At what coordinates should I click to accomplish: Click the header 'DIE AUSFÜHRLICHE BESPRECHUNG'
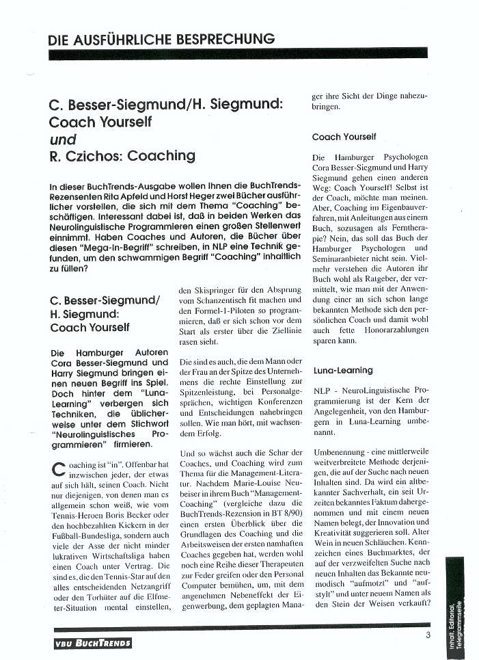161,38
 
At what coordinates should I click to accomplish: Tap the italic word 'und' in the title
64,140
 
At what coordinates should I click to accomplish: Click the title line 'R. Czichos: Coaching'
122,155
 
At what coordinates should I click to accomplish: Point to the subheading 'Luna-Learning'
343,370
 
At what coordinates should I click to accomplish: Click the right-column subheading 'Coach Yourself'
344,137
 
